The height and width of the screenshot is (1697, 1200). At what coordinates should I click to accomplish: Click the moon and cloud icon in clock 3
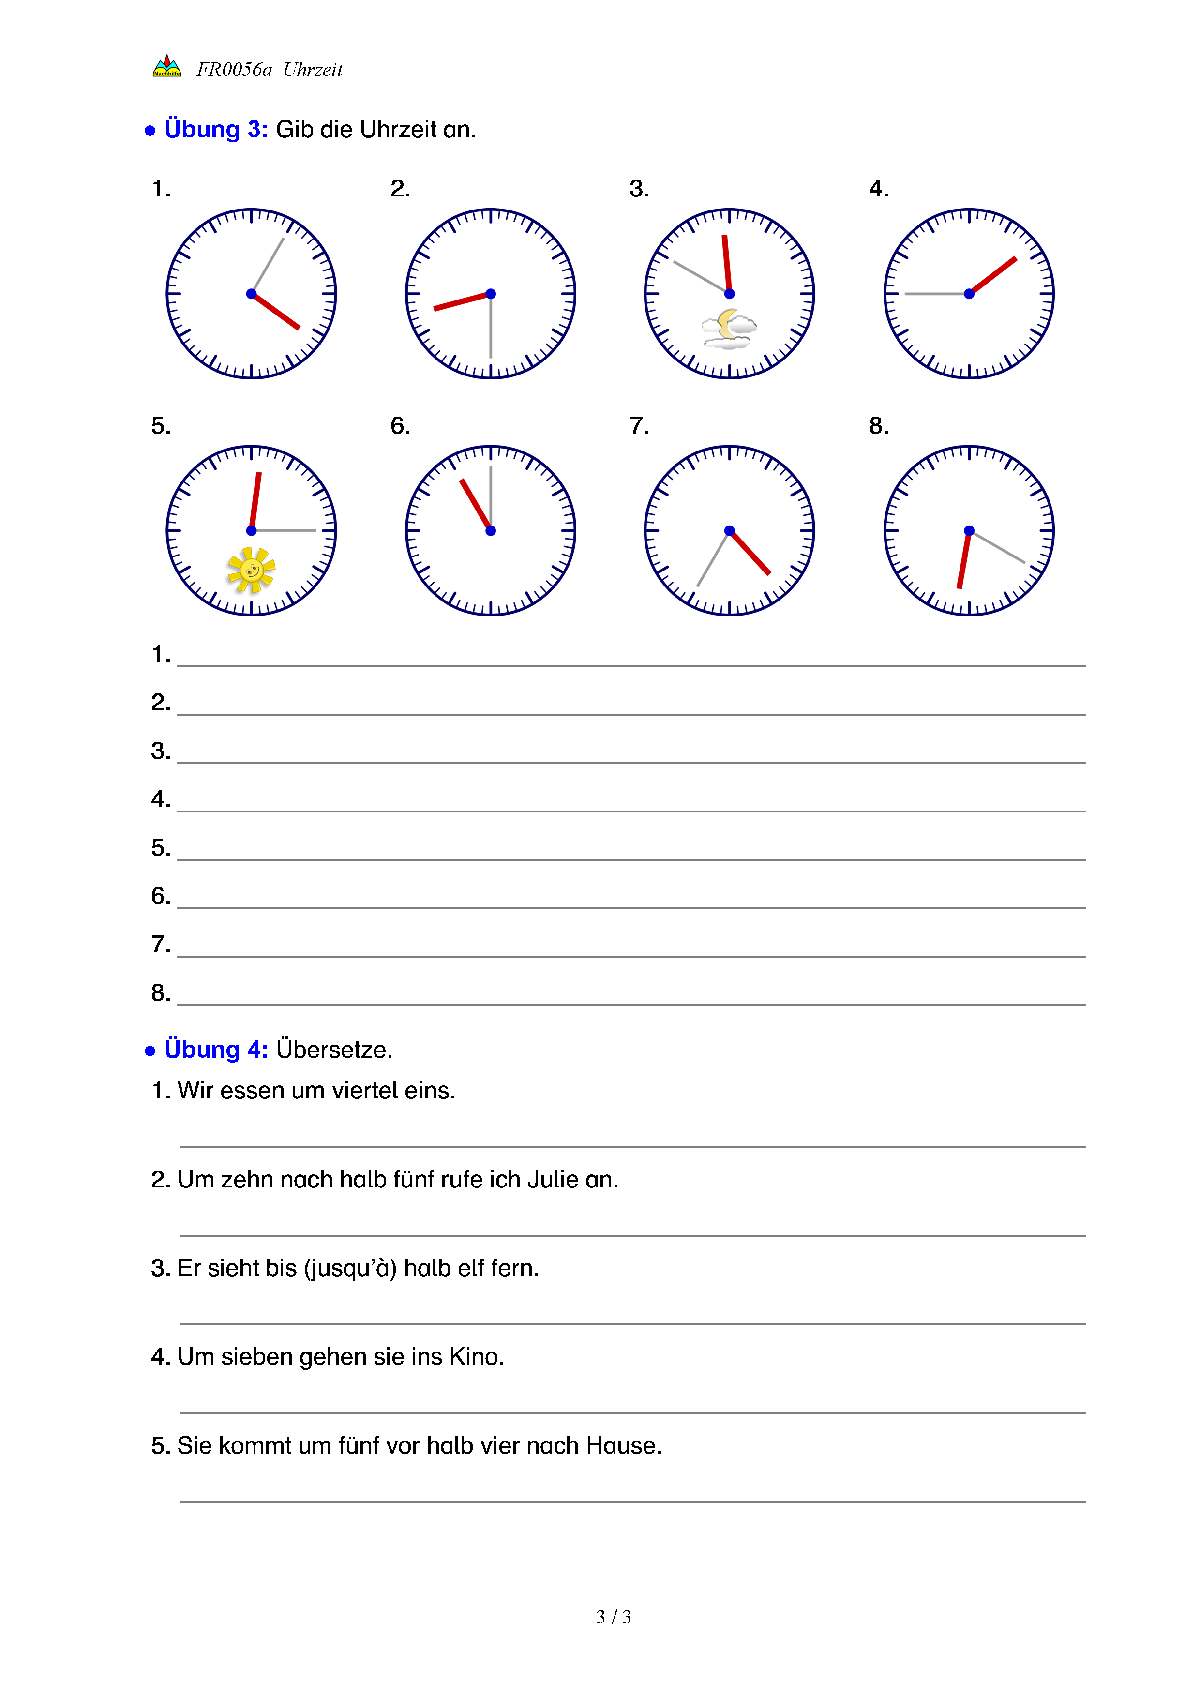[x=729, y=329]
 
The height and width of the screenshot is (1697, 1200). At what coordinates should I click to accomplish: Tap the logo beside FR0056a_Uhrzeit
[x=167, y=67]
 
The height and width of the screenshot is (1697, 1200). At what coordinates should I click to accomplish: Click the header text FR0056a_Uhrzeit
[x=270, y=70]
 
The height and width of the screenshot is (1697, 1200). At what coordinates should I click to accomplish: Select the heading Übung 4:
[x=216, y=1050]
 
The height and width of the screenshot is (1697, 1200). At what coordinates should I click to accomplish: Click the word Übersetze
[x=334, y=1050]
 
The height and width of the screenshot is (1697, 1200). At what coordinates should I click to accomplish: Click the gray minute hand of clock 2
[x=491, y=329]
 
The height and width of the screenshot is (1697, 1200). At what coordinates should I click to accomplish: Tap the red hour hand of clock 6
[x=476, y=505]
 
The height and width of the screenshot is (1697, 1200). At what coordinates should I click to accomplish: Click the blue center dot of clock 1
[x=251, y=294]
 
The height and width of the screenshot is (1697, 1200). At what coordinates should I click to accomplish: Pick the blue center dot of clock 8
[x=969, y=531]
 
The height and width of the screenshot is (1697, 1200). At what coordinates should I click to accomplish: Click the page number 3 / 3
[x=613, y=1617]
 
